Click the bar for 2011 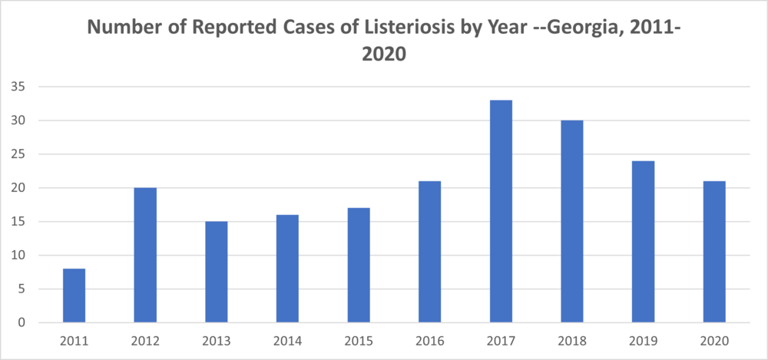pos(74,296)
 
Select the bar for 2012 pos(145,255)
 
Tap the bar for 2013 pos(216,272)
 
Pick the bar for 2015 pos(358,266)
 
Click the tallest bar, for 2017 pos(501,211)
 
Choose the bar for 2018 pos(571,221)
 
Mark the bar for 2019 pos(643,242)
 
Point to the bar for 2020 pos(714,252)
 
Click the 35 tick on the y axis pos(18,87)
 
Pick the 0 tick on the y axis pos(22,323)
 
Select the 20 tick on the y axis pos(18,188)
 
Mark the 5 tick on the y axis pos(22,289)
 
